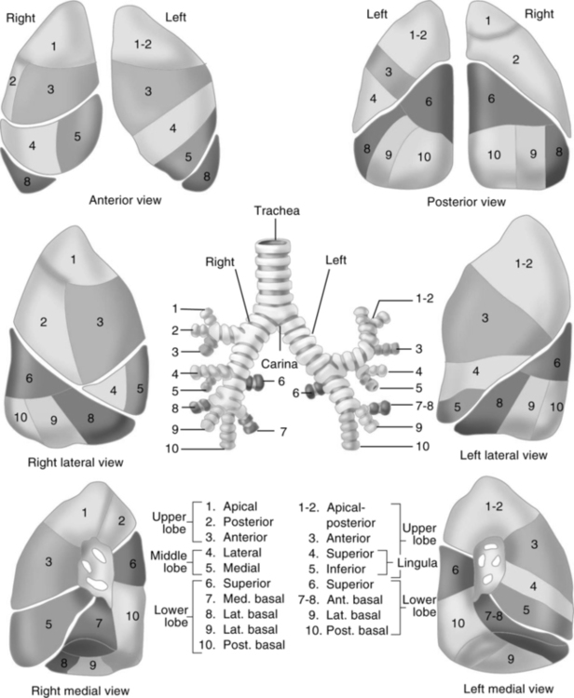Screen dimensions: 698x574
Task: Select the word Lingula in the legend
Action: click(x=417, y=563)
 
